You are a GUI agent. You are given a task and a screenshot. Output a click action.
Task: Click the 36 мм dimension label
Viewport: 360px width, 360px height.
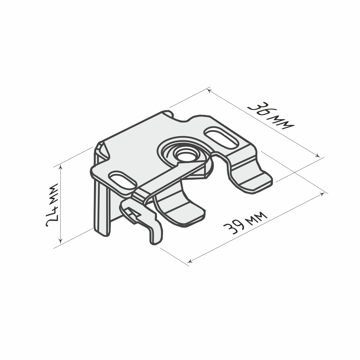click(x=271, y=116)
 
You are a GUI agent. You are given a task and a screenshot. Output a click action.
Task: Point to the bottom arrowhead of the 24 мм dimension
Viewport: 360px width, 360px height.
click(x=60, y=241)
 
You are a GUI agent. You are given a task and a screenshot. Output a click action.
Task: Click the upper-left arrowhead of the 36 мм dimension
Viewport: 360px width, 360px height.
click(x=209, y=90)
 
